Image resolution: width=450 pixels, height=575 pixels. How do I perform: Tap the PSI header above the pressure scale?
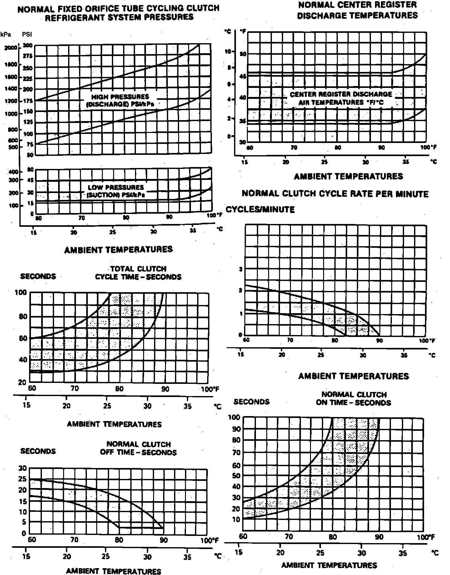(x=27, y=34)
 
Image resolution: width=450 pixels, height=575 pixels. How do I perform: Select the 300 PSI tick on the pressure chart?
(x=27, y=46)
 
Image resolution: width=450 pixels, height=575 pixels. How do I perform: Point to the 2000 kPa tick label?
(x=11, y=48)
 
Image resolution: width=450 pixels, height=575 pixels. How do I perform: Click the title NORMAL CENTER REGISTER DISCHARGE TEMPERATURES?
(x=357, y=10)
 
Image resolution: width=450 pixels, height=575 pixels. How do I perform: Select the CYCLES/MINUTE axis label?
(x=260, y=209)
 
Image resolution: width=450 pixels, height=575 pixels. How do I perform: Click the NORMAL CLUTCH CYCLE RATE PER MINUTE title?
(x=335, y=194)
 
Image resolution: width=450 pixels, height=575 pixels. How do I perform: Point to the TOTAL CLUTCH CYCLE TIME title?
(x=138, y=273)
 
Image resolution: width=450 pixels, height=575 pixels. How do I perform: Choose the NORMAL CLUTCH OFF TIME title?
(x=138, y=448)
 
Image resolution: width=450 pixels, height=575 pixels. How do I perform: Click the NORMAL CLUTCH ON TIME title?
(x=353, y=399)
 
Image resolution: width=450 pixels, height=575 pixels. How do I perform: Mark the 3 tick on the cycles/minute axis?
(x=241, y=269)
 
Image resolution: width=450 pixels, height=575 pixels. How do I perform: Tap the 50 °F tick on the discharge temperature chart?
(x=243, y=54)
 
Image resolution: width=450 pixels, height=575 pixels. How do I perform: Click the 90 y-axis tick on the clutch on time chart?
(x=236, y=429)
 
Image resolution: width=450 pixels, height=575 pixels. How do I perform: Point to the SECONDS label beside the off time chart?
(x=38, y=451)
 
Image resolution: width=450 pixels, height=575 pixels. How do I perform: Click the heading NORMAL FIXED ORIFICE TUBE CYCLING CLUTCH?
(x=118, y=8)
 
